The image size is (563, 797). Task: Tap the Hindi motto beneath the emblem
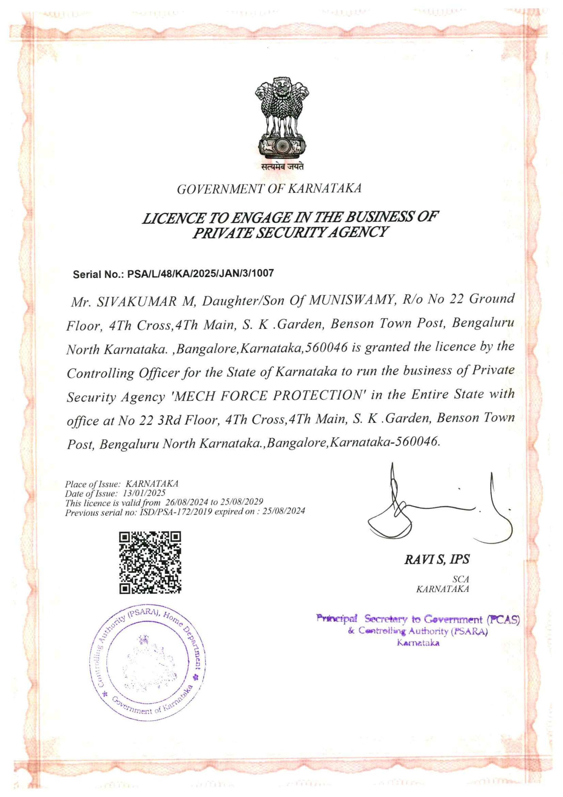[282, 167]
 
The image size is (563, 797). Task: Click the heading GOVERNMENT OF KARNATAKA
[269, 189]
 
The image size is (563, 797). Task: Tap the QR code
[150, 562]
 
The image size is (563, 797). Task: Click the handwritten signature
[437, 507]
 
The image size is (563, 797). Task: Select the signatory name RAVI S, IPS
[436, 560]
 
